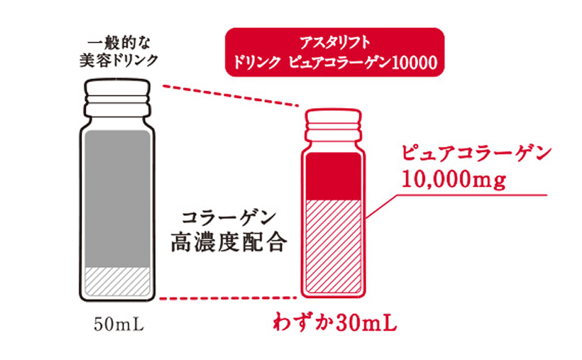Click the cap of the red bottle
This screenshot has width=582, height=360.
tap(333, 122)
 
